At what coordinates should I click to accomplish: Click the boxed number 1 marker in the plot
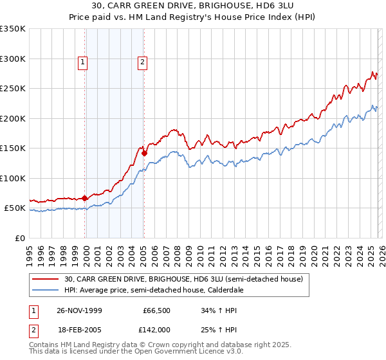pos(83,62)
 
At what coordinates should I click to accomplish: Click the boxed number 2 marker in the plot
pos(142,62)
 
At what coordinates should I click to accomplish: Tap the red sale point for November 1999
pos(85,198)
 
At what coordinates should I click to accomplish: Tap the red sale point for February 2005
pos(144,153)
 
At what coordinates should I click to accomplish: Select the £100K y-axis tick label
pos(13,178)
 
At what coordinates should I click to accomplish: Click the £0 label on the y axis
pos(19,238)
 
